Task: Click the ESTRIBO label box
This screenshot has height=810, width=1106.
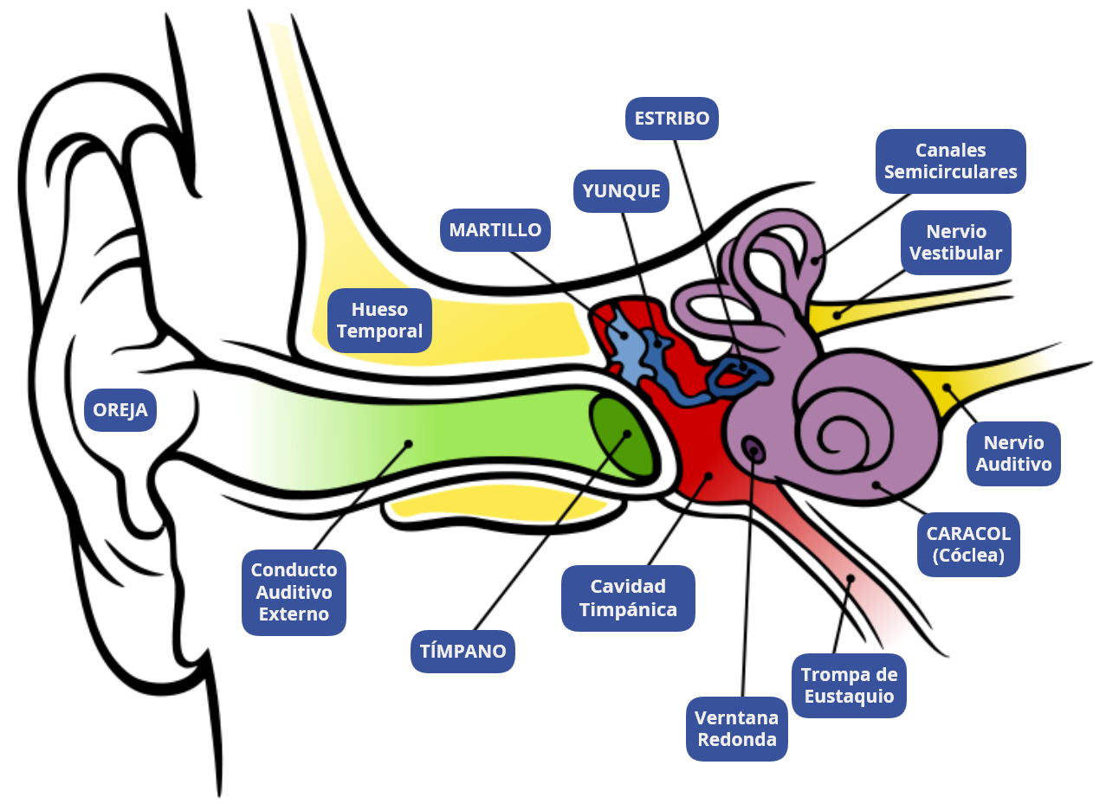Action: pyautogui.click(x=672, y=118)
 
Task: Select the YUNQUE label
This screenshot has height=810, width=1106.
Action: pyautogui.click(x=622, y=191)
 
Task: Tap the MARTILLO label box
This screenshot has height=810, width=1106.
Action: pyautogui.click(x=495, y=230)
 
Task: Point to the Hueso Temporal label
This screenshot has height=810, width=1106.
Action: pyautogui.click(x=379, y=320)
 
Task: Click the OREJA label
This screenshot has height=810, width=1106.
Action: pyautogui.click(x=120, y=410)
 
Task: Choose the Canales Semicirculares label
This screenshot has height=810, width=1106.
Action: pyautogui.click(x=950, y=161)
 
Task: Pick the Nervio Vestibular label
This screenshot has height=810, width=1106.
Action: pyautogui.click(x=955, y=242)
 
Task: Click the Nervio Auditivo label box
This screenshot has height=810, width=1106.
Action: pyautogui.click(x=1013, y=453)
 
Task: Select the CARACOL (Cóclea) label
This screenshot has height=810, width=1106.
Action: pyautogui.click(x=968, y=544)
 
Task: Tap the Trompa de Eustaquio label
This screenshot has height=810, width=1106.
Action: pyautogui.click(x=849, y=685)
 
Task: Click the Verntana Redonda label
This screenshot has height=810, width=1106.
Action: pyautogui.click(x=737, y=729)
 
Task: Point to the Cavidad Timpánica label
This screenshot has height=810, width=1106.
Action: pyautogui.click(x=628, y=598)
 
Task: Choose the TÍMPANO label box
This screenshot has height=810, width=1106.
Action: pyautogui.click(x=462, y=651)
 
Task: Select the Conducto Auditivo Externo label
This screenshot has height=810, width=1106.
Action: pyautogui.click(x=294, y=593)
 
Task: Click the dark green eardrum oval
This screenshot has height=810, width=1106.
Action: pyautogui.click(x=622, y=436)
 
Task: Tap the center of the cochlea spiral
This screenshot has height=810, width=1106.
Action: pyautogui.click(x=835, y=428)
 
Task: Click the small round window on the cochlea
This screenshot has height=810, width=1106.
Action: pyautogui.click(x=753, y=448)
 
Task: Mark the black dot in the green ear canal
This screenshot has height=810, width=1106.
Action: pyautogui.click(x=408, y=443)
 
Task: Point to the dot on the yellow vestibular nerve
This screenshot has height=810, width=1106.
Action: pyautogui.click(x=837, y=315)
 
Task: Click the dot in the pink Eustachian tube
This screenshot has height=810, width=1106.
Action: pyautogui.click(x=851, y=578)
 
